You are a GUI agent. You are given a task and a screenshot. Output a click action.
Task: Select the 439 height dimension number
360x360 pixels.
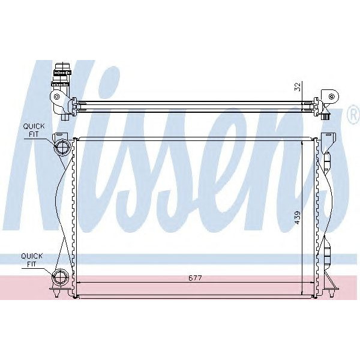(298, 217)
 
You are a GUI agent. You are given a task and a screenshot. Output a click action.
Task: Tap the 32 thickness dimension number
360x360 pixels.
(298, 86)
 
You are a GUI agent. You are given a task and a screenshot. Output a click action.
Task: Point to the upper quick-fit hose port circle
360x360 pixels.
(62, 148)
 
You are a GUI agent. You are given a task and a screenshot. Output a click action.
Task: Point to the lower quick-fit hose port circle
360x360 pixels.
(61, 277)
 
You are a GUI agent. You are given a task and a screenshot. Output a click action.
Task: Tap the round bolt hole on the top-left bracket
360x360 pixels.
(57, 96)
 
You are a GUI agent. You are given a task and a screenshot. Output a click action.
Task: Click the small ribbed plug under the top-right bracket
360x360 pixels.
(326, 118)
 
